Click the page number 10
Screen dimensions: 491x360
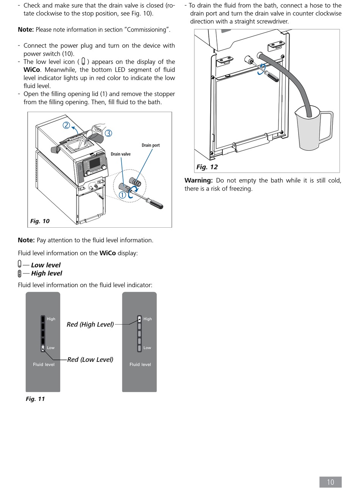[330, 482]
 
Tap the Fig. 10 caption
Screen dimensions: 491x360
[40, 221]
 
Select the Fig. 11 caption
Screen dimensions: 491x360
[35, 399]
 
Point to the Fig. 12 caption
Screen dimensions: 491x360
[207, 167]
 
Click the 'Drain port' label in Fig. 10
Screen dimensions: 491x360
[151, 145]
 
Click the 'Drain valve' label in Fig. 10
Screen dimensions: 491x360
[121, 154]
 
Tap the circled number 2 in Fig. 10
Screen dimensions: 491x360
[66, 125]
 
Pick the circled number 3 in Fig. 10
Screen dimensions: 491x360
[109, 133]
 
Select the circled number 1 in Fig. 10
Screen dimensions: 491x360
[122, 195]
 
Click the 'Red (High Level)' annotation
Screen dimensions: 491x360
[90, 324]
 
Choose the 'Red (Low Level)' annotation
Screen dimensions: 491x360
[90, 360]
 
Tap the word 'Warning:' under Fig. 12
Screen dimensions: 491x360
[199, 180]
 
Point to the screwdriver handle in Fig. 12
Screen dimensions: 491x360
[272, 76]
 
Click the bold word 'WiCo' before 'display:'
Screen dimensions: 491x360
[108, 253]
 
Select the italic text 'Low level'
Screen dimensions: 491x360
[45, 265]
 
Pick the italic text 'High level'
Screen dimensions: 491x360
[47, 274]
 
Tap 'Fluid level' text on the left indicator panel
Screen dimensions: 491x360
[44, 364]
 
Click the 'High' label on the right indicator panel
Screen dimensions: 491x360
[147, 319]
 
